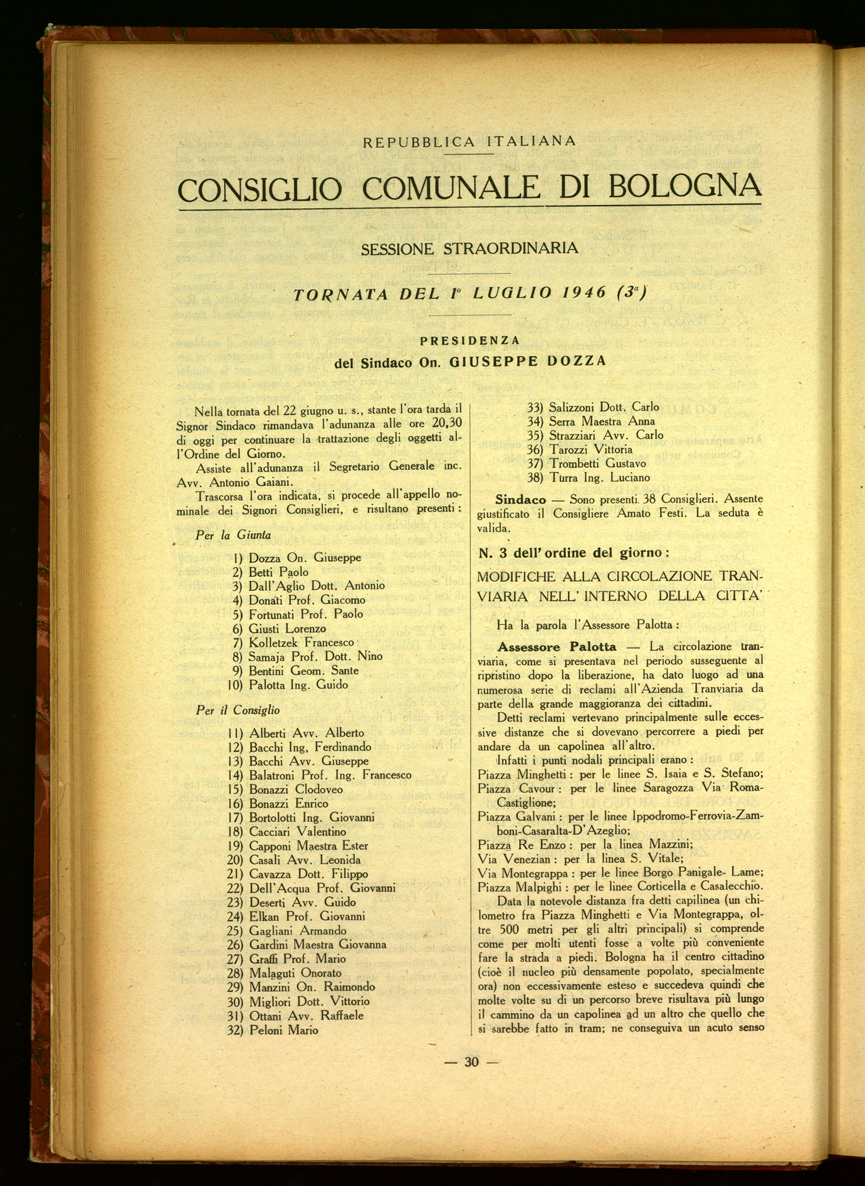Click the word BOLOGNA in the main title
[x=685, y=186]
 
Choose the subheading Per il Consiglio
[x=238, y=710]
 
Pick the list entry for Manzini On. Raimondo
[x=312, y=986]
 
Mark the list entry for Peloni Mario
[x=283, y=1030]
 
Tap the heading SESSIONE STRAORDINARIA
[x=469, y=249]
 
